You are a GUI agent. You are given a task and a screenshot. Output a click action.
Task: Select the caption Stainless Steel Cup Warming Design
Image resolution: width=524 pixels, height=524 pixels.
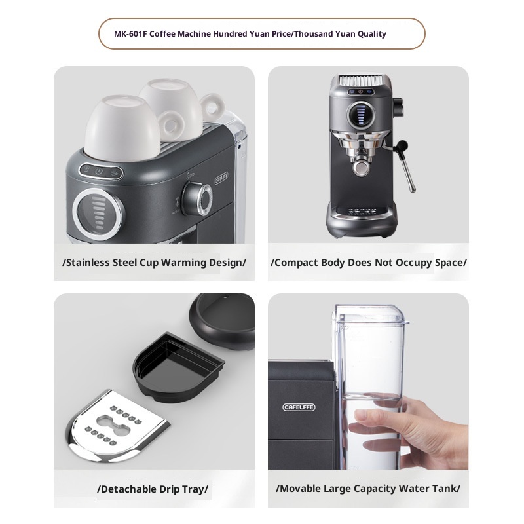[x=154, y=263]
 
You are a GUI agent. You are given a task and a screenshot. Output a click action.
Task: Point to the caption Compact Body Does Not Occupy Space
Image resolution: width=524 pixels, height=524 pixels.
[x=368, y=263]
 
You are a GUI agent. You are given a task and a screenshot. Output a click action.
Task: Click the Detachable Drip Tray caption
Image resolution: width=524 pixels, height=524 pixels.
[x=154, y=489]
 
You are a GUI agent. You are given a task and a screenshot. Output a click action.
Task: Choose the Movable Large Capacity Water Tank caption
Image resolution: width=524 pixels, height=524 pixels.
[x=368, y=489]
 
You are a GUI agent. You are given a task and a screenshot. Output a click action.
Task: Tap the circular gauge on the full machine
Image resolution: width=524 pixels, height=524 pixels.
[x=358, y=113]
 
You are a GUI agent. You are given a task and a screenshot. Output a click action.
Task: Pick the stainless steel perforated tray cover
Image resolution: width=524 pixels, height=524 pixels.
[x=119, y=426]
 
